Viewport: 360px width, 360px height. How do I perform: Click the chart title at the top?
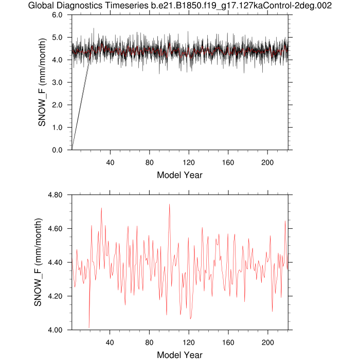click(179, 6)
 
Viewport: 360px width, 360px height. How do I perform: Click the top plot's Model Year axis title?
click(179, 175)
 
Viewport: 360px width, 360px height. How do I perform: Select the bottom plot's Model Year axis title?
click(179, 354)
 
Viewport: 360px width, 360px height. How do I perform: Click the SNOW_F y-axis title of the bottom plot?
click(38, 262)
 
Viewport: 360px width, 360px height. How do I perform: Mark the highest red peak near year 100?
click(169, 204)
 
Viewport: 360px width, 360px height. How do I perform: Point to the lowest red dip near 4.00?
click(89, 328)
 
